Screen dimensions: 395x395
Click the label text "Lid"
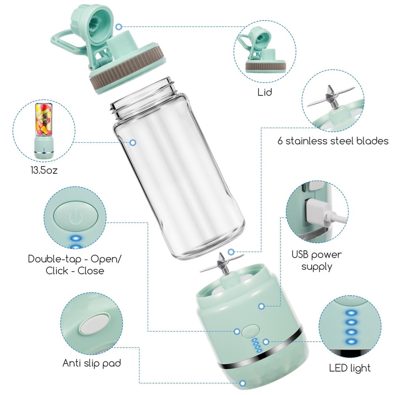[x=265, y=92]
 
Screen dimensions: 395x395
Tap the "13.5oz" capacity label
[x=44, y=170]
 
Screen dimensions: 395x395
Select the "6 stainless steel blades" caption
[x=333, y=141]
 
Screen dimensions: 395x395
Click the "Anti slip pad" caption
[x=92, y=363]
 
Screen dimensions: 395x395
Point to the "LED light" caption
[x=350, y=368]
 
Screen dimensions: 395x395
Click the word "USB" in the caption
[x=300, y=254]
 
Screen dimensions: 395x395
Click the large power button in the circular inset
[x=75, y=216]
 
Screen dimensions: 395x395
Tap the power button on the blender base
[x=250, y=331]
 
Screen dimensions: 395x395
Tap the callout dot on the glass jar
[x=133, y=143]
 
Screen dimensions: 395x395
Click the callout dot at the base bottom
[x=243, y=383]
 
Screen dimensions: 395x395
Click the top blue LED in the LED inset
[x=351, y=313]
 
